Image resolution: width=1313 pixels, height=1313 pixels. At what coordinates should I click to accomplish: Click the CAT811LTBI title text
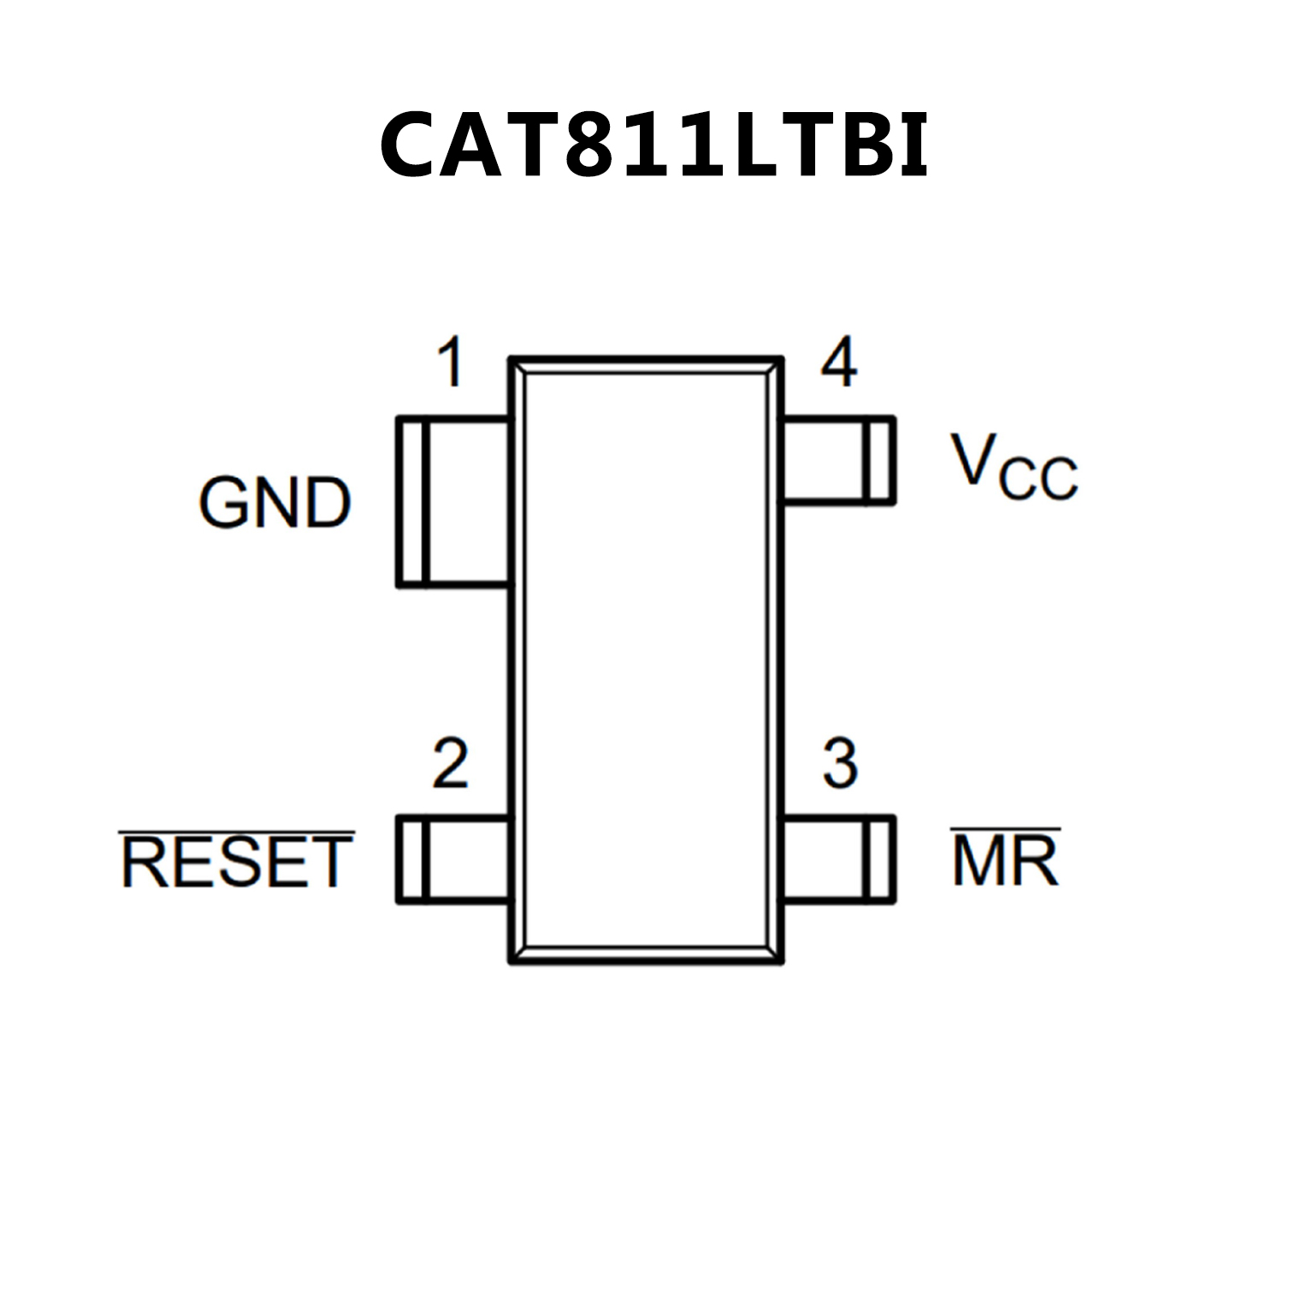(x=654, y=145)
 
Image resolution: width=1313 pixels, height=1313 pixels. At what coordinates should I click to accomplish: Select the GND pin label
(x=275, y=503)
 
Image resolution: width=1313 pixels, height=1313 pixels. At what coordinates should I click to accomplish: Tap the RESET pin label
(x=236, y=862)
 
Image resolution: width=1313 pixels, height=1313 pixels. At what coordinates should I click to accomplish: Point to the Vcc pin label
(x=1014, y=468)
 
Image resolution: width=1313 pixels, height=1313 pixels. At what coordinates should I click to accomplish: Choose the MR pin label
(x=1005, y=861)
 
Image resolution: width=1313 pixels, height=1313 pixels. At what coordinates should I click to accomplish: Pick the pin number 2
(x=450, y=763)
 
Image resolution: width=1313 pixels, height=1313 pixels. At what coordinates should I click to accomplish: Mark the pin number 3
(x=840, y=763)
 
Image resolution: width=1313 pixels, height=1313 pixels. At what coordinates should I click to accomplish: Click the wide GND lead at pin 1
(x=453, y=502)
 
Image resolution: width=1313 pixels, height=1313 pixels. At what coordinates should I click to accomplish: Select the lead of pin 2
(x=453, y=859)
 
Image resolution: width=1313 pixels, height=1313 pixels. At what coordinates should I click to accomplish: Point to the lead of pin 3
(x=839, y=859)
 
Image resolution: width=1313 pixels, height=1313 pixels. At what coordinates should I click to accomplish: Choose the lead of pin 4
(x=839, y=460)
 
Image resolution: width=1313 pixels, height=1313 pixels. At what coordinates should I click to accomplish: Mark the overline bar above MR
(x=1005, y=829)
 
